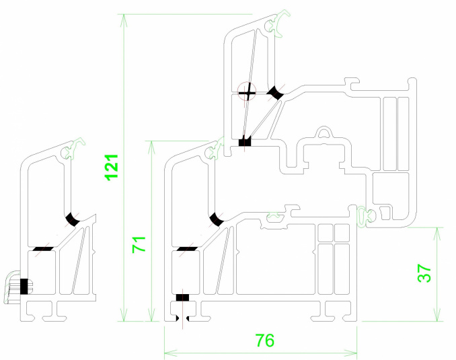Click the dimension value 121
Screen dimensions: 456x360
(112, 168)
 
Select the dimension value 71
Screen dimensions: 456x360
(139, 245)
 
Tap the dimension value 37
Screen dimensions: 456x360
(424, 273)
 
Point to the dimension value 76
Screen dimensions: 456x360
(264, 340)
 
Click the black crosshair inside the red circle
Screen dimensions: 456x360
(247, 93)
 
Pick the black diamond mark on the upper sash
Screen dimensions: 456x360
(275, 93)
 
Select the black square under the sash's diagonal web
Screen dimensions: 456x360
(245, 142)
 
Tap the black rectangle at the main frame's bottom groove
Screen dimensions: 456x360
(183, 297)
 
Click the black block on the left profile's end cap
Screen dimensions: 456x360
(24, 287)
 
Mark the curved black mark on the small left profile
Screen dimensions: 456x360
(73, 219)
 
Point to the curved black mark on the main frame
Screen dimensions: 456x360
(217, 219)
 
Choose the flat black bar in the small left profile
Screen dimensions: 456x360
(43, 249)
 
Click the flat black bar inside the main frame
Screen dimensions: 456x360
(187, 249)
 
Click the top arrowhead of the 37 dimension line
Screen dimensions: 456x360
(436, 233)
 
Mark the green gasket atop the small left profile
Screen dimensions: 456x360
(74, 149)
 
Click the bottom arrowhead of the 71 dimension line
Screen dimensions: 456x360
(151, 315)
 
